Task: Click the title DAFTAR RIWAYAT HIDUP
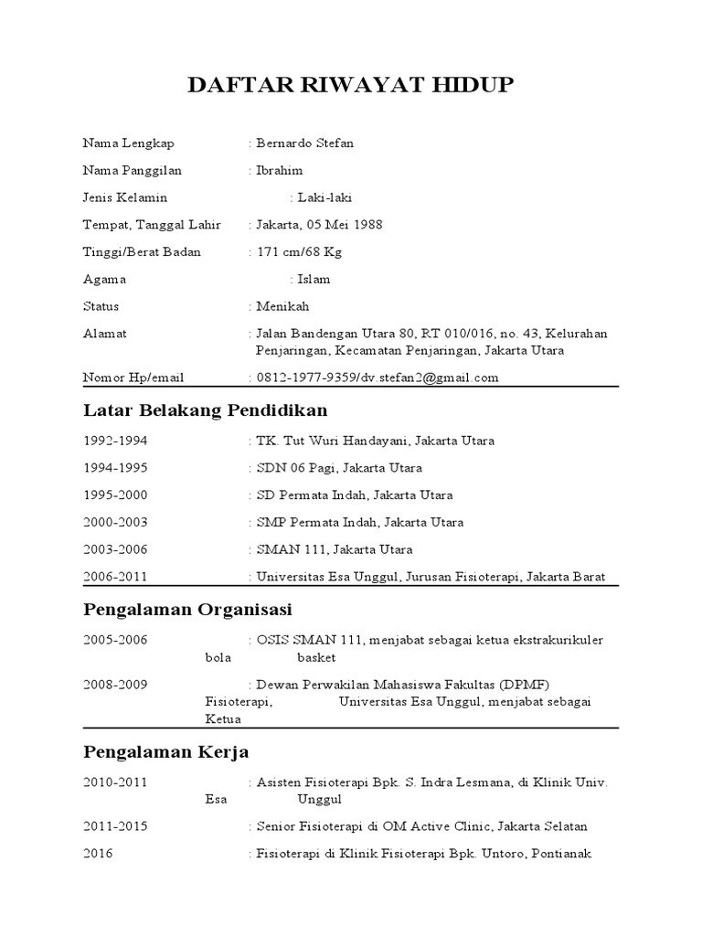click(351, 87)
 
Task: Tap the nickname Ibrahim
click(280, 171)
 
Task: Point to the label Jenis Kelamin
click(125, 197)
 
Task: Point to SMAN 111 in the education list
click(292, 549)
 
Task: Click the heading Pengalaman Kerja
click(165, 751)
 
